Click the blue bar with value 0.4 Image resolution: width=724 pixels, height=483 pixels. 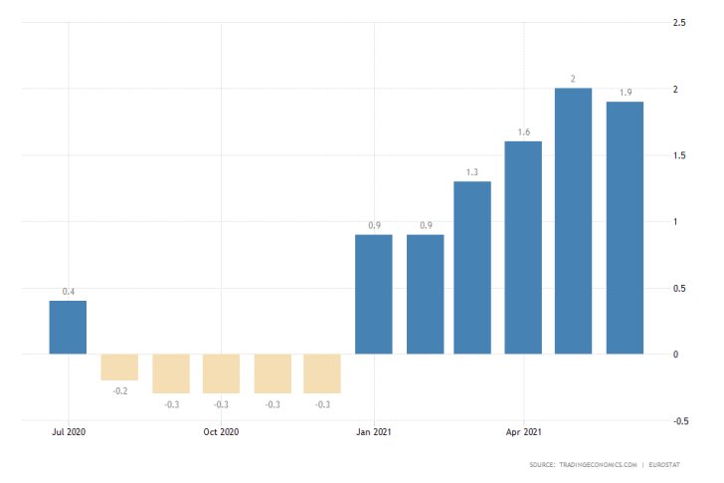[68, 327]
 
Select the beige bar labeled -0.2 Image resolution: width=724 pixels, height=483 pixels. [119, 366]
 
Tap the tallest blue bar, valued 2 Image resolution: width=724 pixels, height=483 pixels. [574, 221]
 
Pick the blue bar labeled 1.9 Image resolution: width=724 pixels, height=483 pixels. [625, 227]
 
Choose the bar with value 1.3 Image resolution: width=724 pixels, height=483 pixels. [472, 267]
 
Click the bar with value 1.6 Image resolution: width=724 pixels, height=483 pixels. [523, 247]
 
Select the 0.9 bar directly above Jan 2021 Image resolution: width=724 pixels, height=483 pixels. [374, 294]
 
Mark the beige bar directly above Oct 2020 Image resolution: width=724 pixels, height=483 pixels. [222, 373]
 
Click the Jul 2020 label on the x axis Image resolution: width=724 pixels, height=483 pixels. [68, 433]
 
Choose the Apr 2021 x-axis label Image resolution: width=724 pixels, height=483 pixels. [524, 433]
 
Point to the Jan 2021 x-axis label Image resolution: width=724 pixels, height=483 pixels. [374, 433]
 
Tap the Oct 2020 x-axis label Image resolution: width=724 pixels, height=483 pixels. [222, 433]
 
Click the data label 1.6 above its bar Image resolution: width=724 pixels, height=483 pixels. [523, 131]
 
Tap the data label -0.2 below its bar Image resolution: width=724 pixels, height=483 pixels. [119, 390]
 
